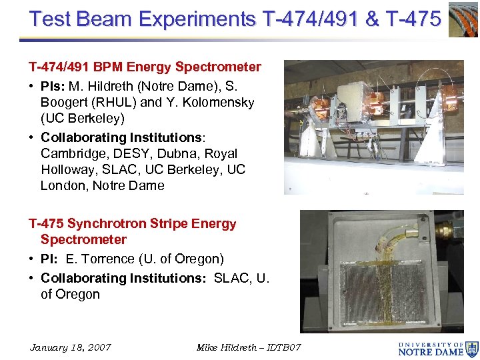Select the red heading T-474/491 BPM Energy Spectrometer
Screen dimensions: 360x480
[145, 67]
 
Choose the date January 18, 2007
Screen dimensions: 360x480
[71, 347]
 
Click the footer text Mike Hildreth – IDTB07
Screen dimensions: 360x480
[249, 347]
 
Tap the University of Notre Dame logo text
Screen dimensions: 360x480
[430, 349]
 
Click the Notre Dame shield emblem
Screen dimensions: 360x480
[472, 348]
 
